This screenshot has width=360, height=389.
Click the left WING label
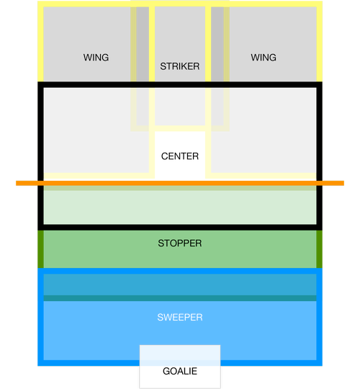click(x=96, y=58)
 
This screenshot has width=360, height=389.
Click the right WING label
click(x=264, y=58)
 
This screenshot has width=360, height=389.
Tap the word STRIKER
click(x=180, y=66)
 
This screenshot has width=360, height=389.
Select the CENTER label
click(x=180, y=156)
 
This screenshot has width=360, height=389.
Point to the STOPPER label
click(x=180, y=243)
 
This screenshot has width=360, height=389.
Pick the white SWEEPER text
click(x=180, y=317)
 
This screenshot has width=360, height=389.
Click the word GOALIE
click(x=180, y=371)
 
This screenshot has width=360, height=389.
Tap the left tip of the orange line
click(x=17, y=183)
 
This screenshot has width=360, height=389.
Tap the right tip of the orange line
click(x=343, y=183)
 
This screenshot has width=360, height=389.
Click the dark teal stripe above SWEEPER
click(x=180, y=298)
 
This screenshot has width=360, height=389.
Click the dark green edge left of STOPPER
click(x=40, y=249)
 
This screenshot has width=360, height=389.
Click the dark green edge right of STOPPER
click(x=320, y=249)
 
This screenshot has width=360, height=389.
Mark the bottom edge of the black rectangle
click(x=180, y=227)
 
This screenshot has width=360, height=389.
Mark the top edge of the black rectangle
click(x=180, y=84)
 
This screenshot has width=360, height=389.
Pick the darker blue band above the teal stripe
click(x=180, y=285)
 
